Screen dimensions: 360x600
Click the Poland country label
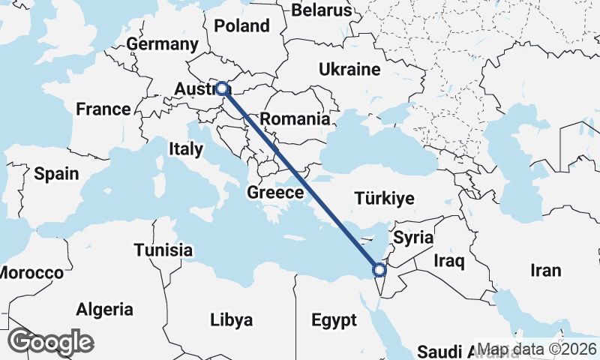point(241,25)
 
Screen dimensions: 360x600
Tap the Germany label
point(162,44)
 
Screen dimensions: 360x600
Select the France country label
point(103,109)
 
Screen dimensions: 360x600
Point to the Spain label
point(56,174)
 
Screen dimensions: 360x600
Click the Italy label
point(185,149)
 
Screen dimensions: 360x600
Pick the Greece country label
point(275,193)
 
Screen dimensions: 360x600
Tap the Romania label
point(295,118)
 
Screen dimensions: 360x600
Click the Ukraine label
point(349,70)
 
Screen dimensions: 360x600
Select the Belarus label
point(321,10)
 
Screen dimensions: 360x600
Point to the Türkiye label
point(384,199)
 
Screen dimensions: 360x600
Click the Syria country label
point(413,238)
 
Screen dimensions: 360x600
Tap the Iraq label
point(450,261)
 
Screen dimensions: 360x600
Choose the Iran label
point(545,270)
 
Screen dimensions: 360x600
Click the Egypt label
point(334,321)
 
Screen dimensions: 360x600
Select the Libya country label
point(231,319)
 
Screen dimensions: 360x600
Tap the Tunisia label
point(163,250)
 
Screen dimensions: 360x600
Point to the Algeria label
point(104,309)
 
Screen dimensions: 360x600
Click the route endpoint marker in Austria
point(222,88)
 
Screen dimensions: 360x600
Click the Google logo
point(50,342)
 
